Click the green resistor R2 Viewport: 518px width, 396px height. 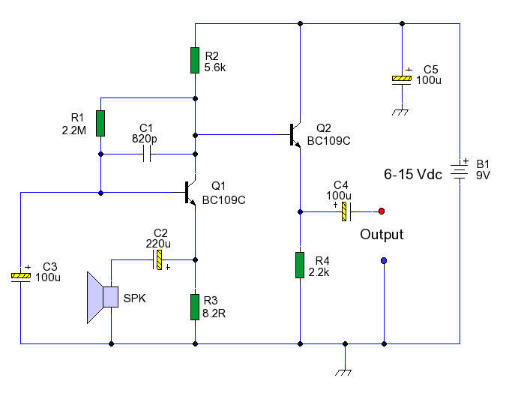(195, 60)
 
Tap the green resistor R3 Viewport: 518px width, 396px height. (195, 307)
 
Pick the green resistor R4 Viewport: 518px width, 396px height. (300, 265)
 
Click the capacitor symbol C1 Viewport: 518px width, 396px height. (147, 154)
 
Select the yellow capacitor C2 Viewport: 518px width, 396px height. (159, 260)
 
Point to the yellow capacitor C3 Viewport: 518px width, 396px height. (20, 277)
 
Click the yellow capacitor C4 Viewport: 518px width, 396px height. (344, 211)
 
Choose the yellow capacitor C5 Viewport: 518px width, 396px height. (402, 79)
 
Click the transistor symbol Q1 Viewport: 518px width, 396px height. (190, 192)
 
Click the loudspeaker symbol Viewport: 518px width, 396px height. (102, 297)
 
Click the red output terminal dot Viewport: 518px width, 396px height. (382, 211)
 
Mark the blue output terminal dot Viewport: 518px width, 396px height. (384, 261)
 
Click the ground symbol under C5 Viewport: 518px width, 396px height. (402, 112)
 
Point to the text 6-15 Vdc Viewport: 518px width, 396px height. (413, 174)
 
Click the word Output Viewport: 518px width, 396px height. (382, 235)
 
